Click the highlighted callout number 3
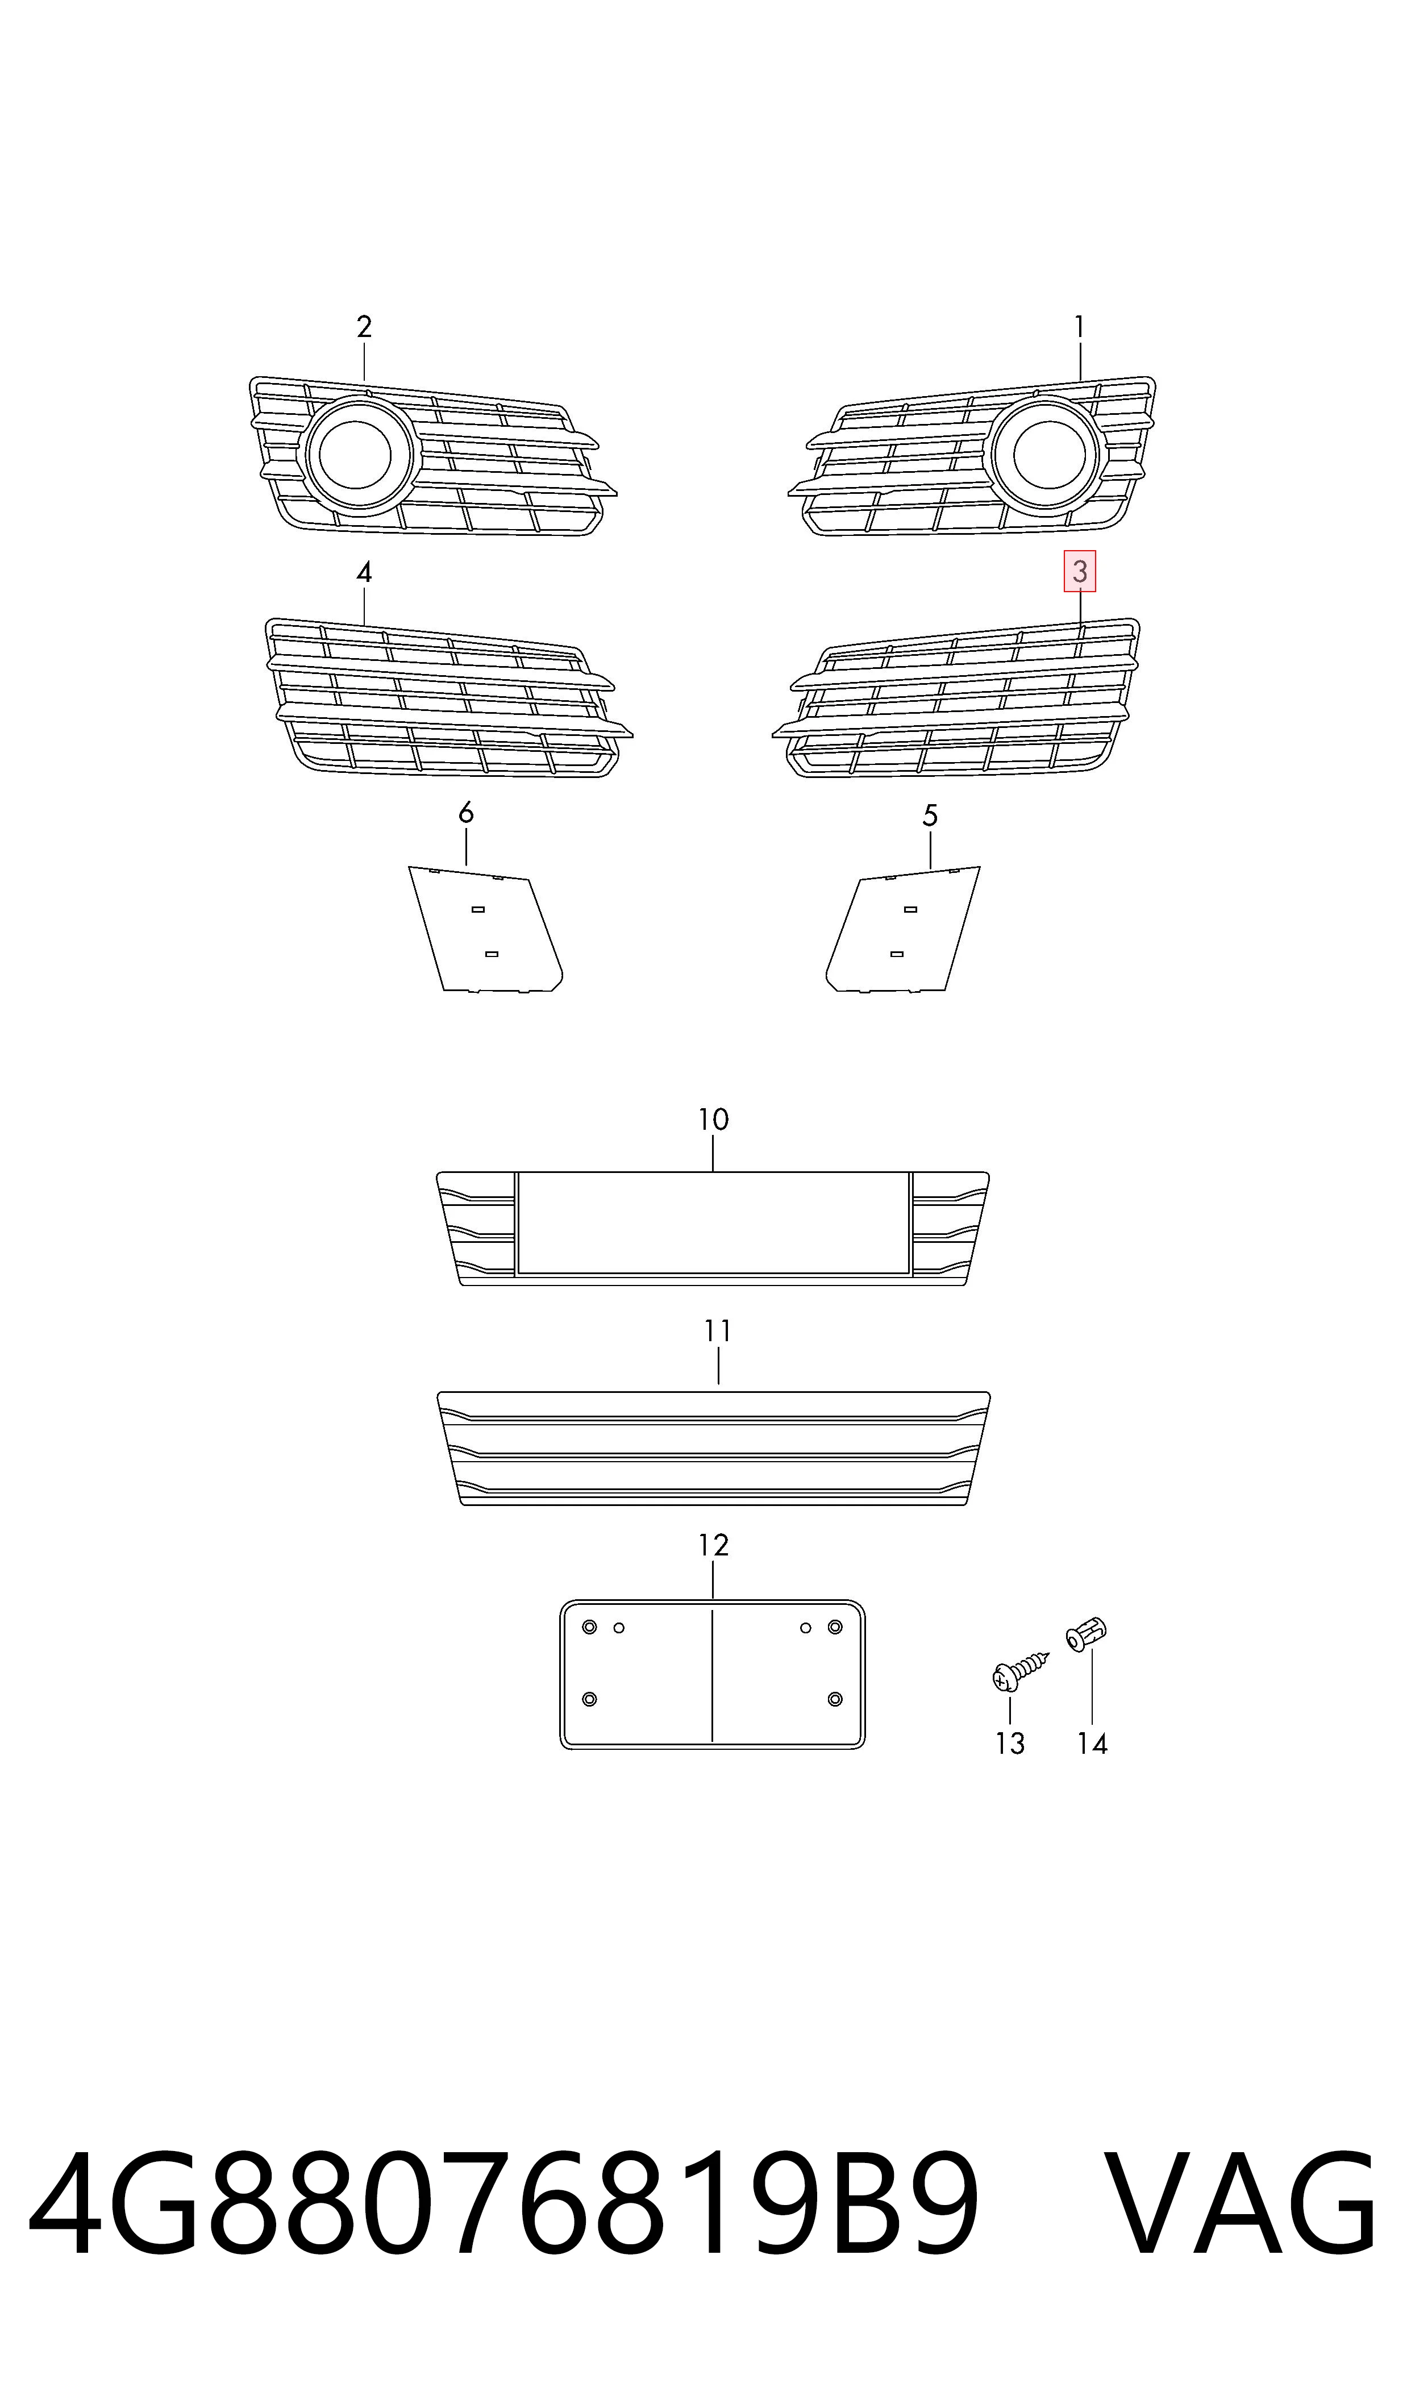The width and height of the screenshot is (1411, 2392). (x=1079, y=571)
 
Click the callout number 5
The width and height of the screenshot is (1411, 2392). (x=930, y=815)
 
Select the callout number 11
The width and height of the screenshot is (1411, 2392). (x=718, y=1332)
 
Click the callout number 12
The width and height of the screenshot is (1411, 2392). (x=713, y=1545)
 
